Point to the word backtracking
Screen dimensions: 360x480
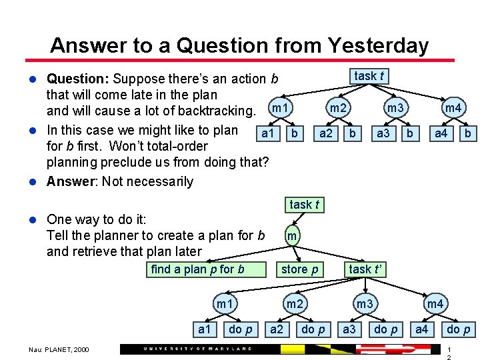pos(213,111)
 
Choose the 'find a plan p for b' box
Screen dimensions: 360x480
pos(198,269)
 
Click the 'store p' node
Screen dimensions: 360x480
pos(299,269)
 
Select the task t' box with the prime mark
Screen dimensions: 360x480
pos(365,269)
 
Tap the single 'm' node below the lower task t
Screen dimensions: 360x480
pos(292,236)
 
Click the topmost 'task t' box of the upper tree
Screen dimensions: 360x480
pos(369,77)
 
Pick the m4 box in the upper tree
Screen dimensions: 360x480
pos(453,109)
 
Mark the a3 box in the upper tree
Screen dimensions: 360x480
pos(383,133)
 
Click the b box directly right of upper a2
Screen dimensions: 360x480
pos(354,133)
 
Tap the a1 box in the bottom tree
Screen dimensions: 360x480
pos(204,329)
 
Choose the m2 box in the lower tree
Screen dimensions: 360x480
pos(295,304)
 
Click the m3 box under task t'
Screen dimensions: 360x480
pos(364,304)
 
